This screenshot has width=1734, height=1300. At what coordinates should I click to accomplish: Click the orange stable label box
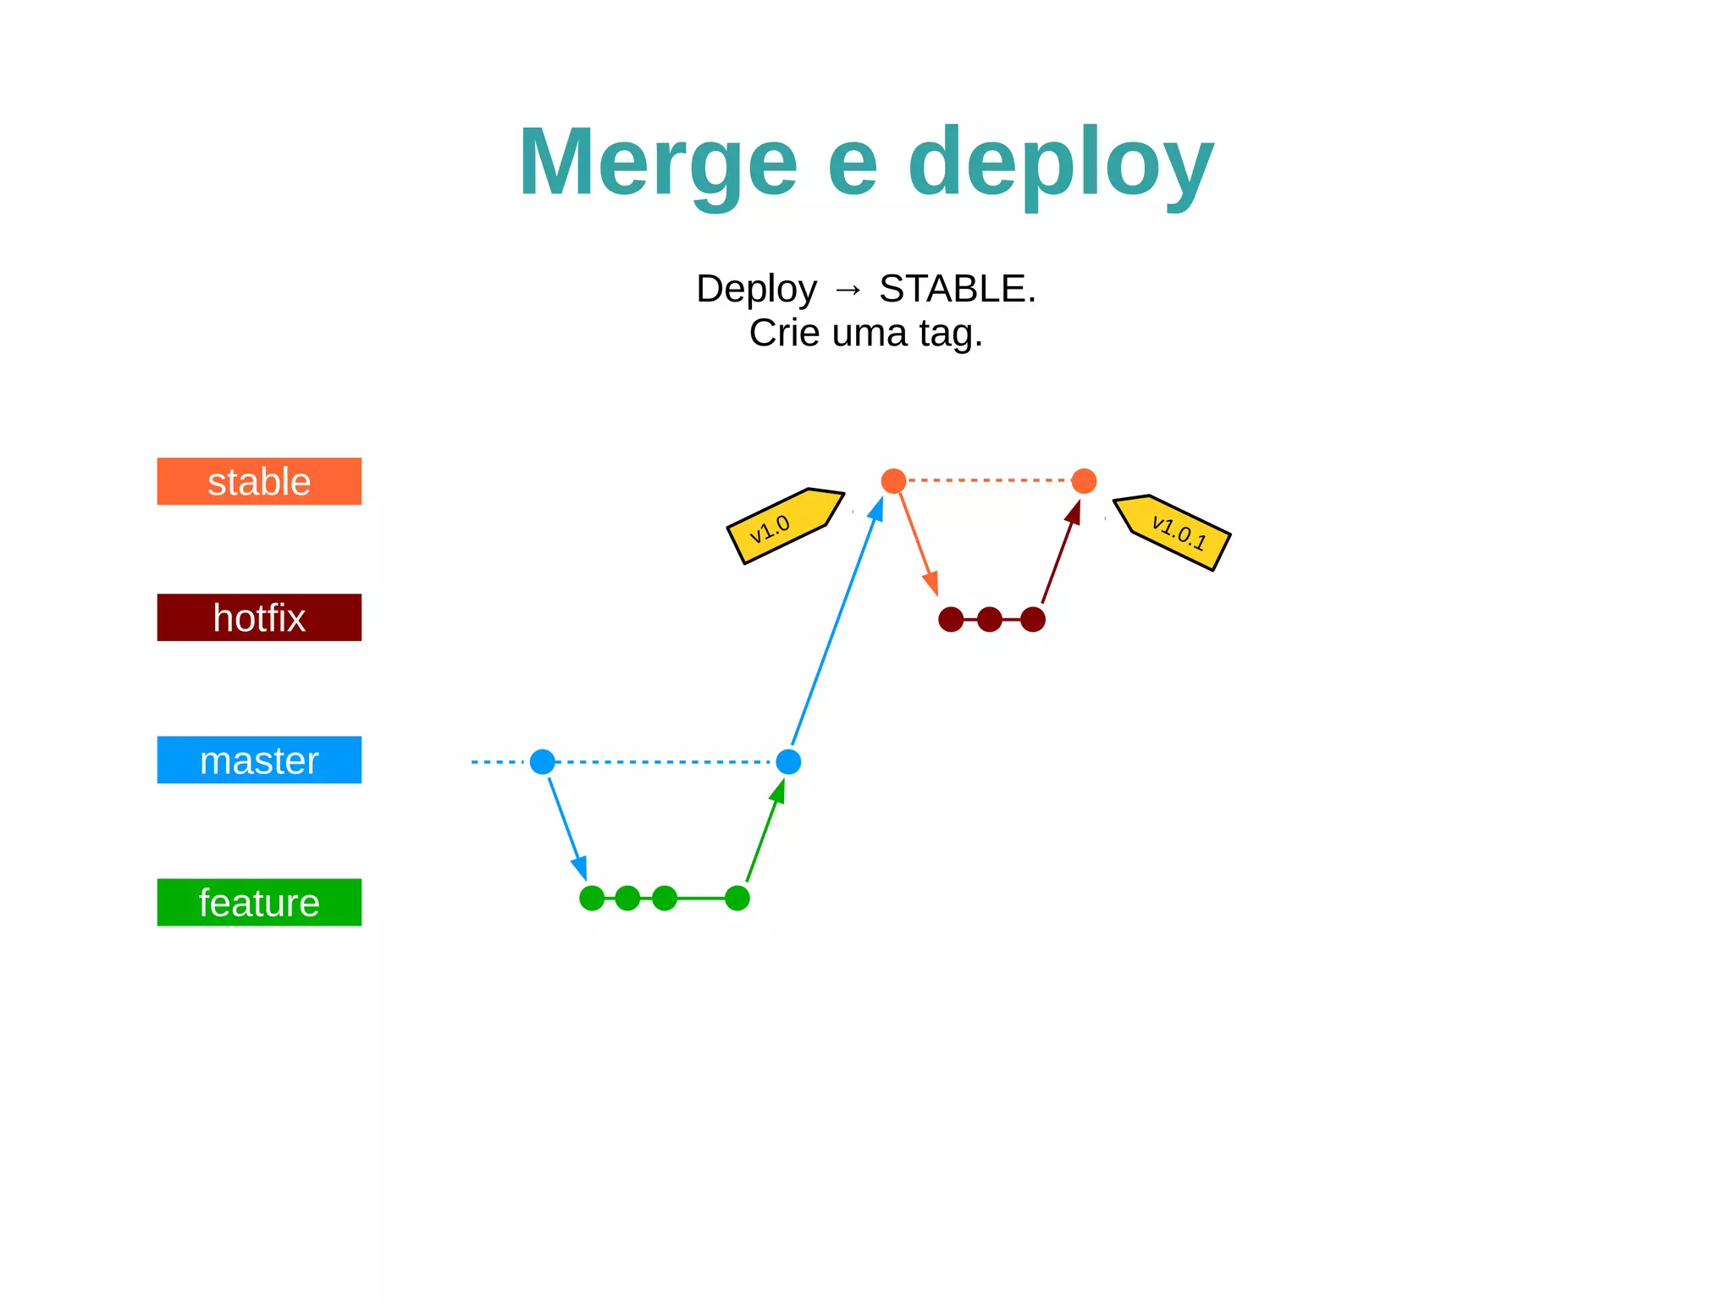259,481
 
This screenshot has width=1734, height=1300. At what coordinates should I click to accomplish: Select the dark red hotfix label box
259,617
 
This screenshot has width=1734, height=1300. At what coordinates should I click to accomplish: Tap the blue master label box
259,760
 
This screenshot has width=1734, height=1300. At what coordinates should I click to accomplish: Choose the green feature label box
259,902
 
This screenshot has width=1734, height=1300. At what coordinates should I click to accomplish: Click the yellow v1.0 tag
783,526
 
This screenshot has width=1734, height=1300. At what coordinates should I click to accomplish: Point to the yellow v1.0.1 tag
1173,532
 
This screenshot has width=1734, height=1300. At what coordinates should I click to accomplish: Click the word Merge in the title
658,162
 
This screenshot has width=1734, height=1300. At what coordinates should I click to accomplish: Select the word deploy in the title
1061,162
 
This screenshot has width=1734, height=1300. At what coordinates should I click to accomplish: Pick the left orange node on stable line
893,481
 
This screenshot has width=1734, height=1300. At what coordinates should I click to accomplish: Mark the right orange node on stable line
1084,481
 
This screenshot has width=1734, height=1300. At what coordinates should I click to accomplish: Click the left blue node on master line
543,761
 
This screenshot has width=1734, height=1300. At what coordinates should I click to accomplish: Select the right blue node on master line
788,761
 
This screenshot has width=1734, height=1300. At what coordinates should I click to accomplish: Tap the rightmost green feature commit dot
737,898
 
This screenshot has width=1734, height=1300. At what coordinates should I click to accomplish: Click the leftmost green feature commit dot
592,898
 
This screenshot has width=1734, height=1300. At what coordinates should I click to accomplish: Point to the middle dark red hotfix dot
990,619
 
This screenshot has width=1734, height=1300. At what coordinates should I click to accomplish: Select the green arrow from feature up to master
765,833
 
